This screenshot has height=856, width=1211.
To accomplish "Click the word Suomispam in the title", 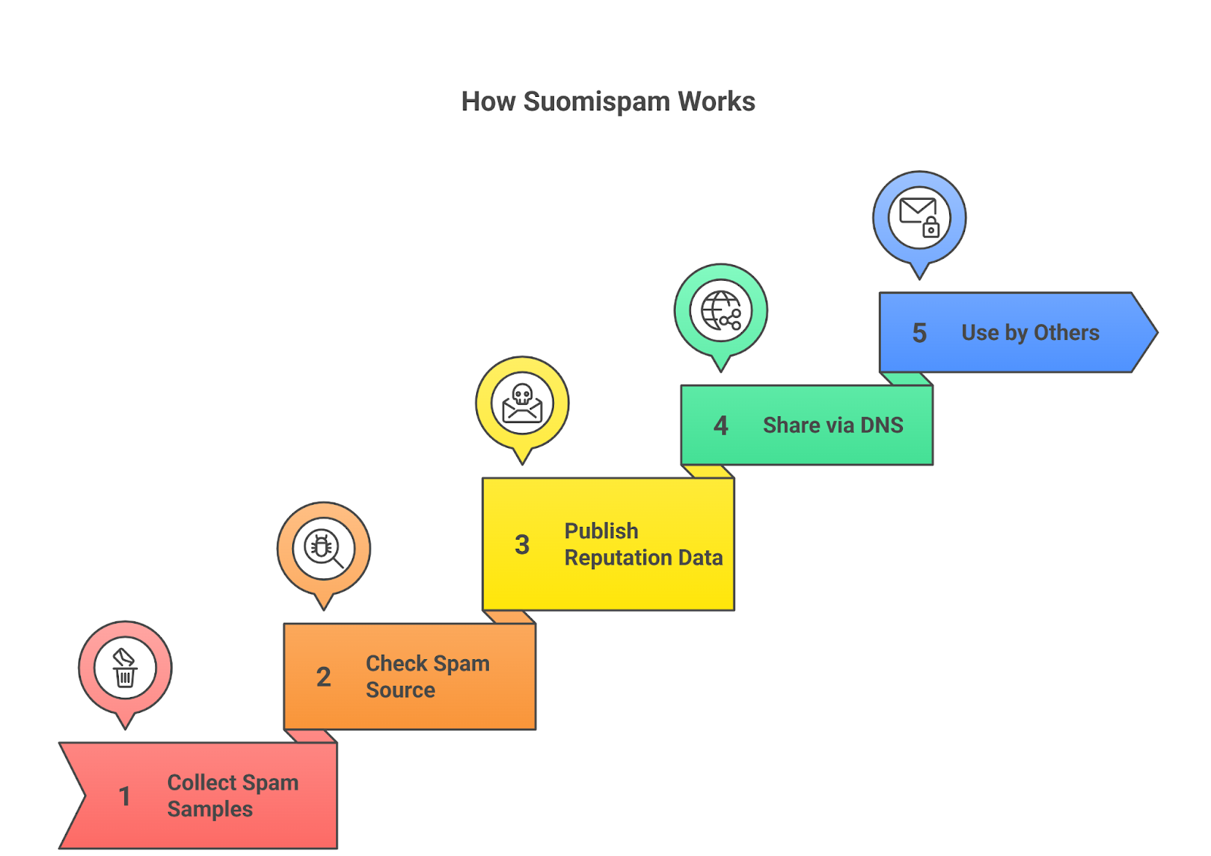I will (x=596, y=101).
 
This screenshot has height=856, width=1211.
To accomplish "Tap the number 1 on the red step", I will (x=125, y=796).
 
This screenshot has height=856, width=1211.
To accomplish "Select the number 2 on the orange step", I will (x=323, y=677).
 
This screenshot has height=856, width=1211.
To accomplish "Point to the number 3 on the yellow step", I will (x=521, y=544).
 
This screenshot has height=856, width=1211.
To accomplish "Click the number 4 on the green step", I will (x=721, y=425).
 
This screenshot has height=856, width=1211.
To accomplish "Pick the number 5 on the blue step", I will (x=919, y=333).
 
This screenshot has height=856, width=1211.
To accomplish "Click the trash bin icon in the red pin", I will (x=125, y=668).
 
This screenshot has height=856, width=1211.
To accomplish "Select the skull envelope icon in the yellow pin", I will (x=522, y=403).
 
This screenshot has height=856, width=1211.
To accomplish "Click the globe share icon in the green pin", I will (x=721, y=310).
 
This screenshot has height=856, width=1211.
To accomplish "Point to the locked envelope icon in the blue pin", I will (x=919, y=218).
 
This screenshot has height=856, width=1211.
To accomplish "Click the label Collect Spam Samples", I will (x=232, y=795).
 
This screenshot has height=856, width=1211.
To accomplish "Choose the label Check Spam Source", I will (x=427, y=677).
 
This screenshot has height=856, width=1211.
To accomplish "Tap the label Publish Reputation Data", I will (x=643, y=544).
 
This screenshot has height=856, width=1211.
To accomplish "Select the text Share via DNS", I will (x=833, y=425).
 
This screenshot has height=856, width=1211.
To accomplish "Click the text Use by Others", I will (x=1030, y=333).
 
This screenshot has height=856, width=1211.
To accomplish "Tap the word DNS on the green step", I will (x=882, y=425).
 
